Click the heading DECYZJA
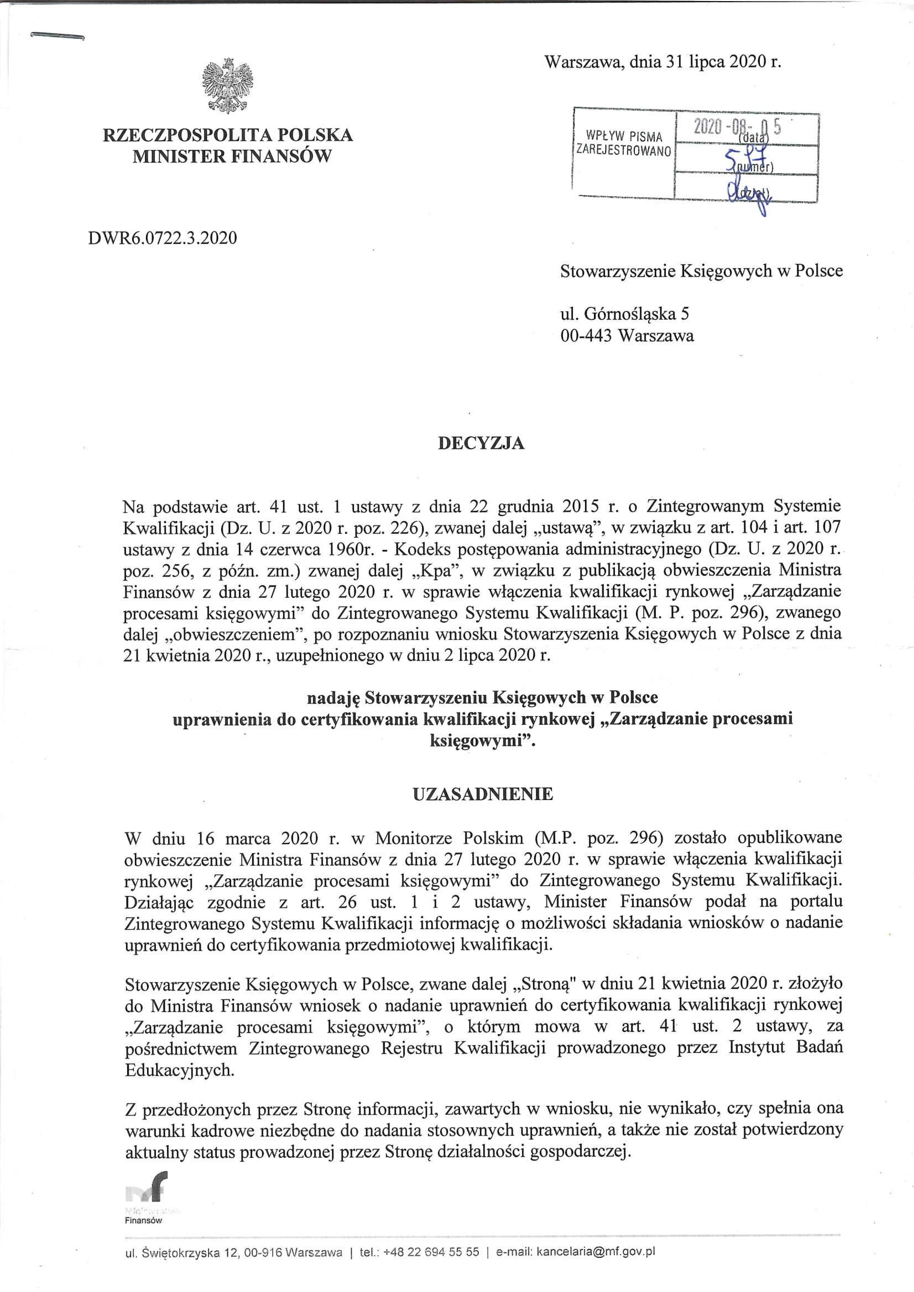481,443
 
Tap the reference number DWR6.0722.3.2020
163,238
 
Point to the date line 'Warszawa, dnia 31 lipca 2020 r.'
663,62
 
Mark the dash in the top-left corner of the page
57,36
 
